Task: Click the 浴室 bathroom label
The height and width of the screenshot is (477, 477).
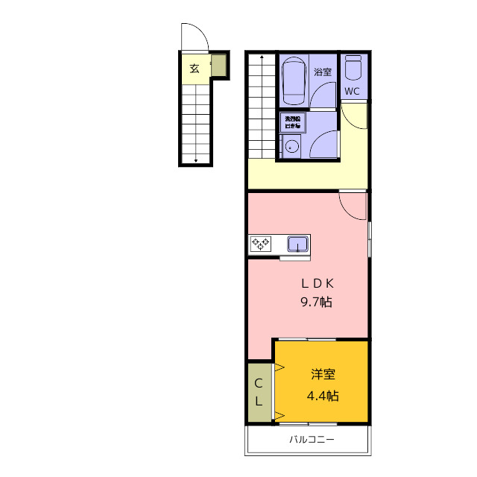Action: (x=322, y=72)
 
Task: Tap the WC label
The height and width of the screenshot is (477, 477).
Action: (x=353, y=91)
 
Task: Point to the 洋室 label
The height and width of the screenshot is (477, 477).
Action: (x=322, y=375)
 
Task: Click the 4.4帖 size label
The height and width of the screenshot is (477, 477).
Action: (x=322, y=396)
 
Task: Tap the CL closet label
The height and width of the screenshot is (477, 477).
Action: (x=259, y=392)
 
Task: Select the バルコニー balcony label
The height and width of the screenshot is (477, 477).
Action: (x=312, y=440)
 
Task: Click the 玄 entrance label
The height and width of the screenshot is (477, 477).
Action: (x=194, y=69)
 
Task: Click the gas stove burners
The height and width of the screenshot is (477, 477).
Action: (x=261, y=242)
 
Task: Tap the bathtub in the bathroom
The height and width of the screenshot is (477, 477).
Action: (x=293, y=80)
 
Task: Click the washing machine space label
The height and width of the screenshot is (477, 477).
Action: (x=291, y=121)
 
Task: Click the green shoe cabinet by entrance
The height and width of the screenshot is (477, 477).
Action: (x=218, y=66)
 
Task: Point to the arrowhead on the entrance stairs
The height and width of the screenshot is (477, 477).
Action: (x=196, y=159)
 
